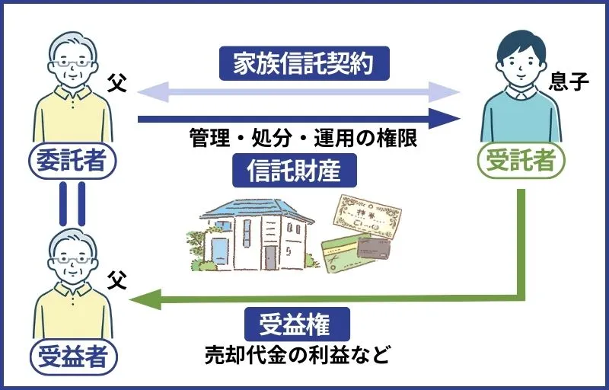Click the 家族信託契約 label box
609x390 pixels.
[x=304, y=65]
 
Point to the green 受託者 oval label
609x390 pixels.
[x=521, y=160]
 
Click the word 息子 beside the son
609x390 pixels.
[x=569, y=81]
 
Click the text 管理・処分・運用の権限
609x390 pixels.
[x=303, y=141]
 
